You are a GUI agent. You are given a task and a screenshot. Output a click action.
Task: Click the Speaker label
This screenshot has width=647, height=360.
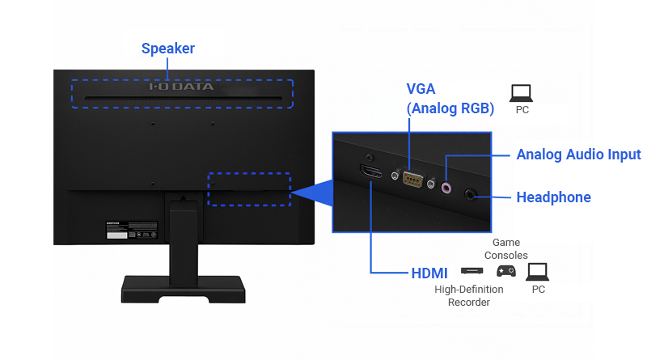168,49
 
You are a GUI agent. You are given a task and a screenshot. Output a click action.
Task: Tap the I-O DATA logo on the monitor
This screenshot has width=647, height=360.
181,86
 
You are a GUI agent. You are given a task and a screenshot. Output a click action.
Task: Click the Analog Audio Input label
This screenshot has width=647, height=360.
578,155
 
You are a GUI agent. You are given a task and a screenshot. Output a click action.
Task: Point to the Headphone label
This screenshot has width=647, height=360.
553,197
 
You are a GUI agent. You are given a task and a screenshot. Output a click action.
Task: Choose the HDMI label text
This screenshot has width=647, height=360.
429,272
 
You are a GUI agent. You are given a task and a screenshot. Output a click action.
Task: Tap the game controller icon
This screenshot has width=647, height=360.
505,271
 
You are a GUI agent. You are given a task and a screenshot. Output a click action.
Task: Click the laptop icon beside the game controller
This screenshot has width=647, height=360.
537,271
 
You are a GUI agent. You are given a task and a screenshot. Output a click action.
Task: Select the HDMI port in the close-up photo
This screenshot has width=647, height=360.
372,172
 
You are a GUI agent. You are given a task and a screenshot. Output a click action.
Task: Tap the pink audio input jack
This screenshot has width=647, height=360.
446,187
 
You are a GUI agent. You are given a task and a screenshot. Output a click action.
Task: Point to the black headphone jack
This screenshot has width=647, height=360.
472,193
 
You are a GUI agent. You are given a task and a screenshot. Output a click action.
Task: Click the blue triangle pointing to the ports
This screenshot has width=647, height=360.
315,190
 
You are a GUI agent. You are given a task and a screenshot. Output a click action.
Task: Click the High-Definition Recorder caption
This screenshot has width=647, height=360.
469,296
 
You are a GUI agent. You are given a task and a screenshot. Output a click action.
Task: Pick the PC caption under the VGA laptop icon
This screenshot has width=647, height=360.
522,109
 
